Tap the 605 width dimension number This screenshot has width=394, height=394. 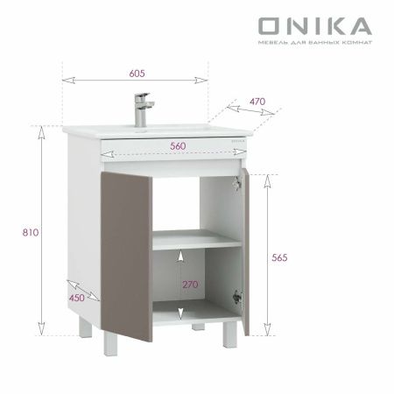pos(136,73)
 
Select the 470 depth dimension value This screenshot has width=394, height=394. pos(257,102)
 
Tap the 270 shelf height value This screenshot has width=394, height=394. pos(190,284)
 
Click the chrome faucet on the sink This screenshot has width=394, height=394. pos(140,109)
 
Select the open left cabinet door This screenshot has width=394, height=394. pos(127,258)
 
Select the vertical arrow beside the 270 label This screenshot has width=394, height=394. pos(180,284)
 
